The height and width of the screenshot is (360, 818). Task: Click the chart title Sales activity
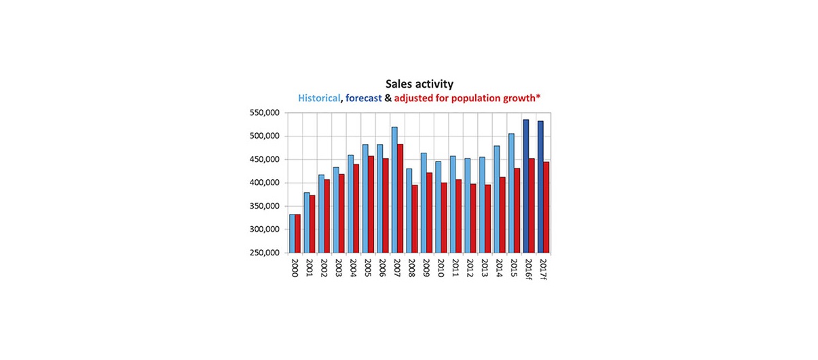419,84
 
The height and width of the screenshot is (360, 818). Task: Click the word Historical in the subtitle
319,98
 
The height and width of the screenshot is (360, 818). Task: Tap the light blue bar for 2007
394,190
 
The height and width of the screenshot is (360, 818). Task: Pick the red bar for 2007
401,198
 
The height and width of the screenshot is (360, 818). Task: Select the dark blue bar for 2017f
540,187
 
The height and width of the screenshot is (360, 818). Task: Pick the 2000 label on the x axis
295,266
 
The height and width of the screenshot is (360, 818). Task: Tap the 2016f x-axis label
528,268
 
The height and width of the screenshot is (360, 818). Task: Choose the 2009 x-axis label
426,266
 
